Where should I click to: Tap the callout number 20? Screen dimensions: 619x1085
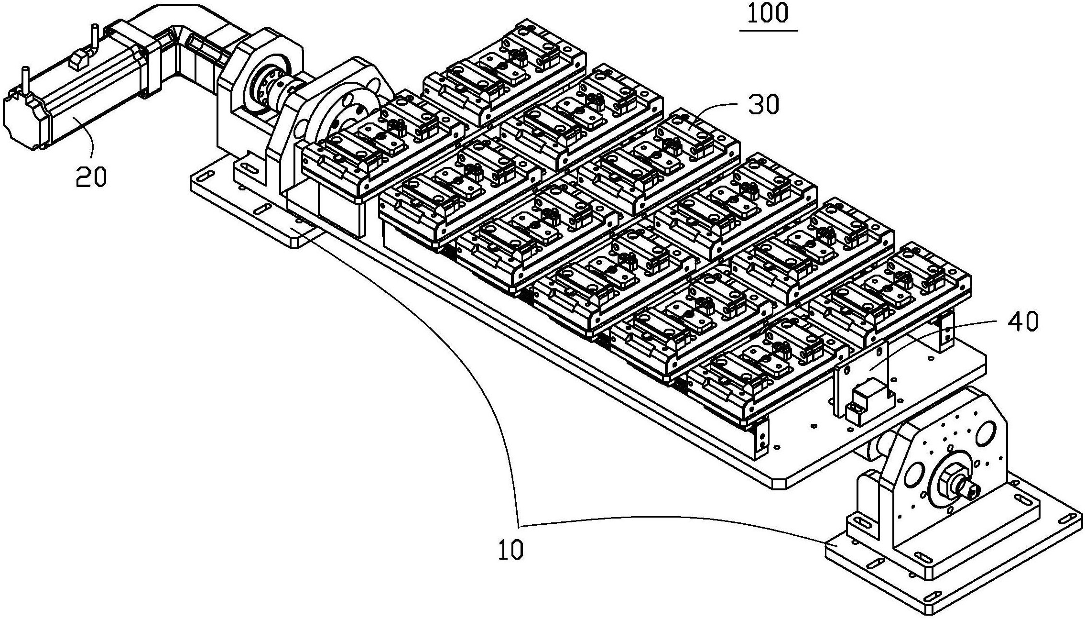[91, 177]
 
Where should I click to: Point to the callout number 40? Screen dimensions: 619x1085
[1023, 321]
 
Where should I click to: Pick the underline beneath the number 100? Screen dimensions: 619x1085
[768, 31]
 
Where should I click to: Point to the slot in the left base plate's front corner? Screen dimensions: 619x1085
[262, 210]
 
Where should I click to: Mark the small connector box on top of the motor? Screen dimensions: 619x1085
[79, 60]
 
